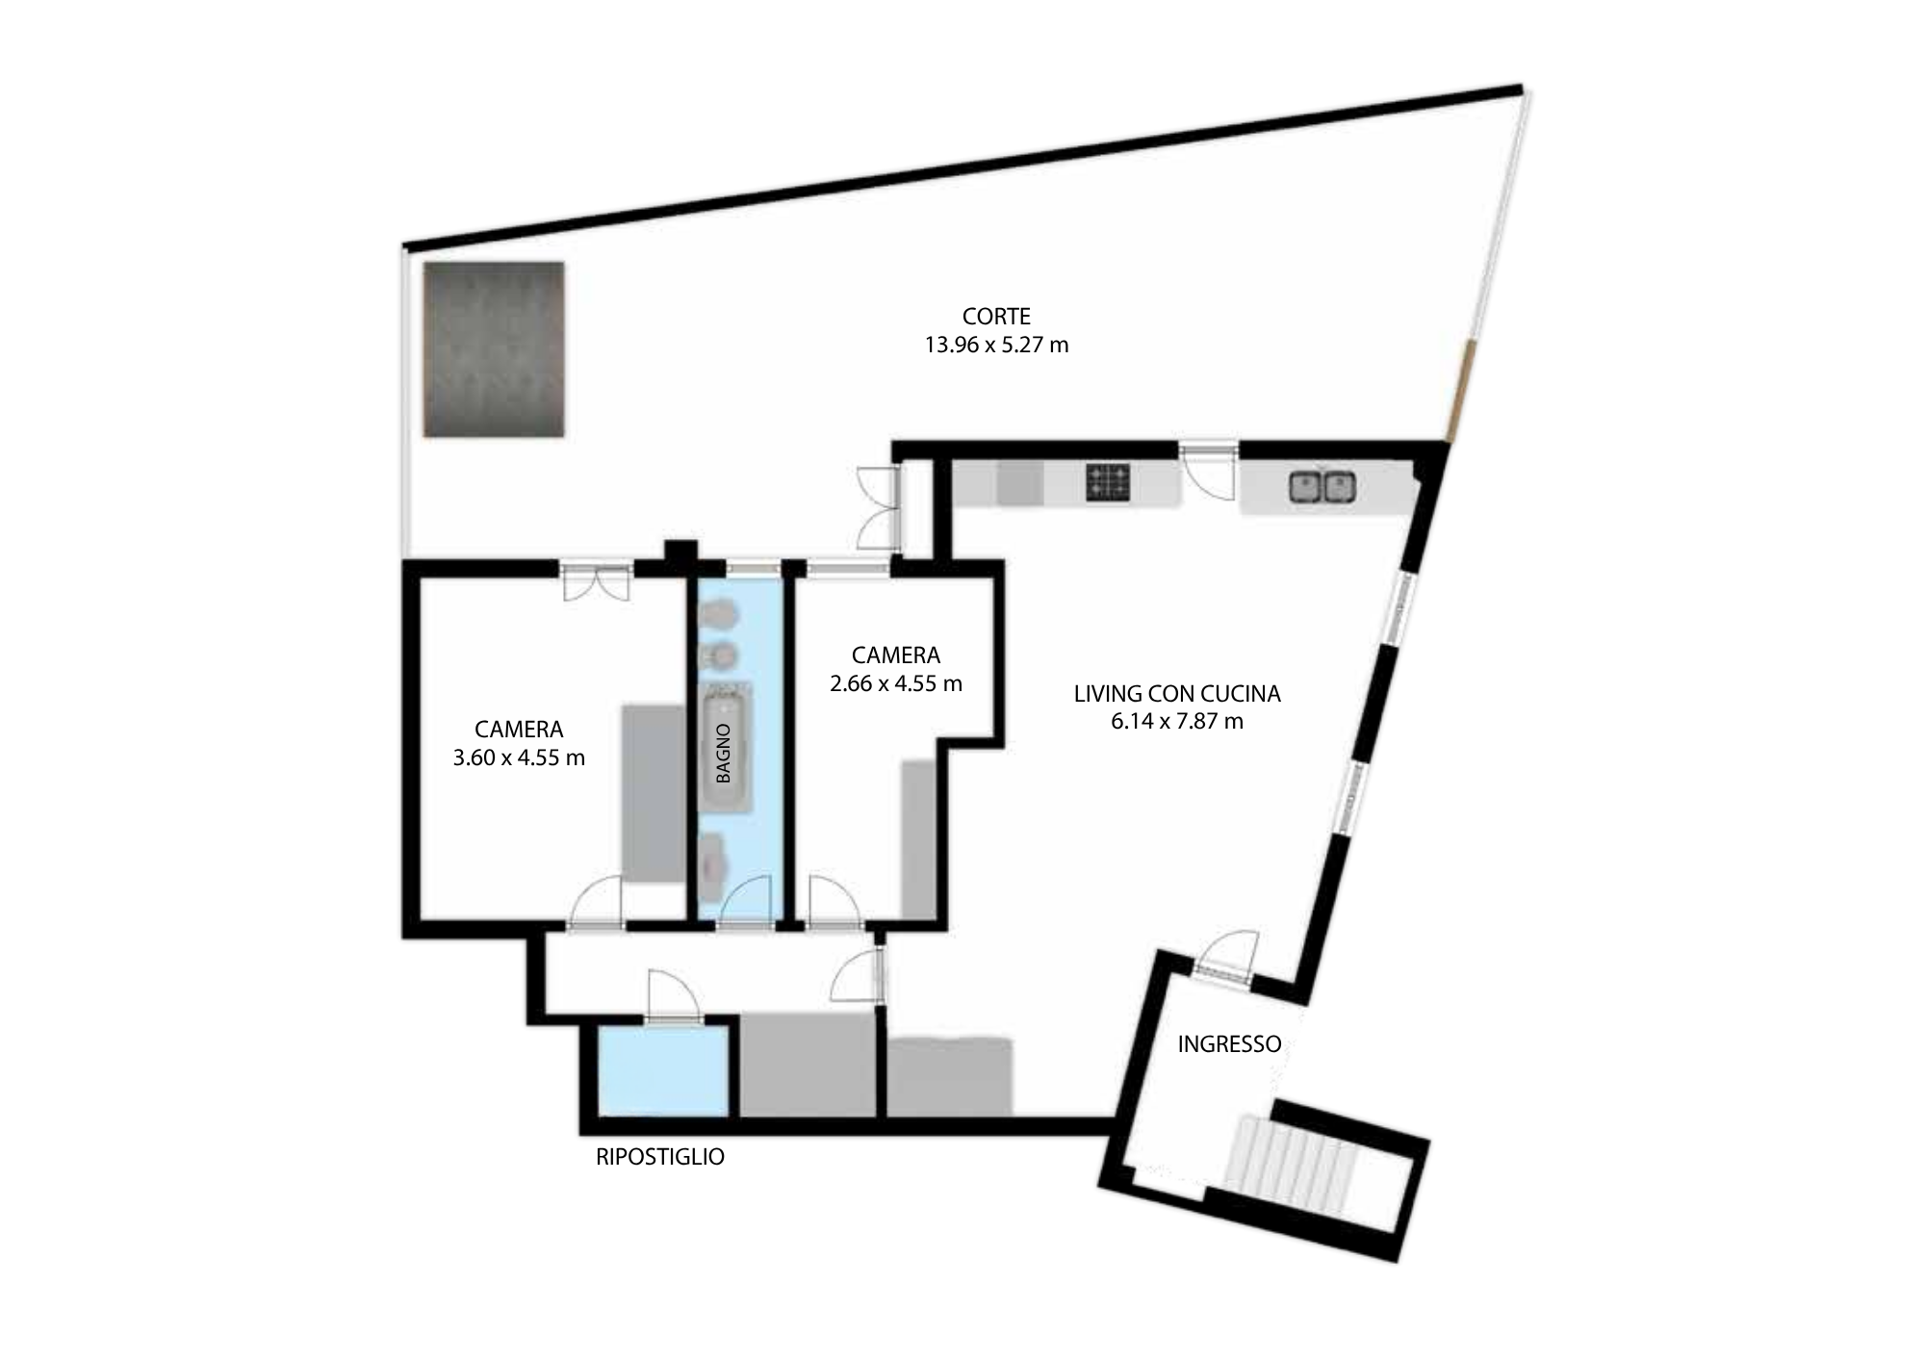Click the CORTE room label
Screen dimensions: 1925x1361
click(x=996, y=316)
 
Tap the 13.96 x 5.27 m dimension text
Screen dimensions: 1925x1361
click(x=996, y=345)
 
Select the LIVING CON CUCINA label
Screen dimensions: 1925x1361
click(x=1177, y=693)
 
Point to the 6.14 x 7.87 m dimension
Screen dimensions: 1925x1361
click(x=1177, y=721)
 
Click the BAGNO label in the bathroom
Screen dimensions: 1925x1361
click(x=724, y=753)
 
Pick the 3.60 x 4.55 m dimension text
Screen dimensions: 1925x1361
click(x=519, y=758)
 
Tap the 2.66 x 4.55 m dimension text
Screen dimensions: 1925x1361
click(x=896, y=683)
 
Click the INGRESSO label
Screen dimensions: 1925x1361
click(x=1229, y=1044)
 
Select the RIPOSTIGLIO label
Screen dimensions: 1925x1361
click(x=660, y=1157)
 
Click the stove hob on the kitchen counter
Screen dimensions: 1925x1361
click(x=1108, y=482)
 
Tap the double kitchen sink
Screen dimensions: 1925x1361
click(x=1322, y=486)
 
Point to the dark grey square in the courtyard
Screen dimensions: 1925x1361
click(x=494, y=348)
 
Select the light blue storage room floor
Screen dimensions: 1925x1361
click(x=662, y=1071)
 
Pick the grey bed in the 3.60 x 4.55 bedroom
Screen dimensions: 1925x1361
click(x=653, y=792)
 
